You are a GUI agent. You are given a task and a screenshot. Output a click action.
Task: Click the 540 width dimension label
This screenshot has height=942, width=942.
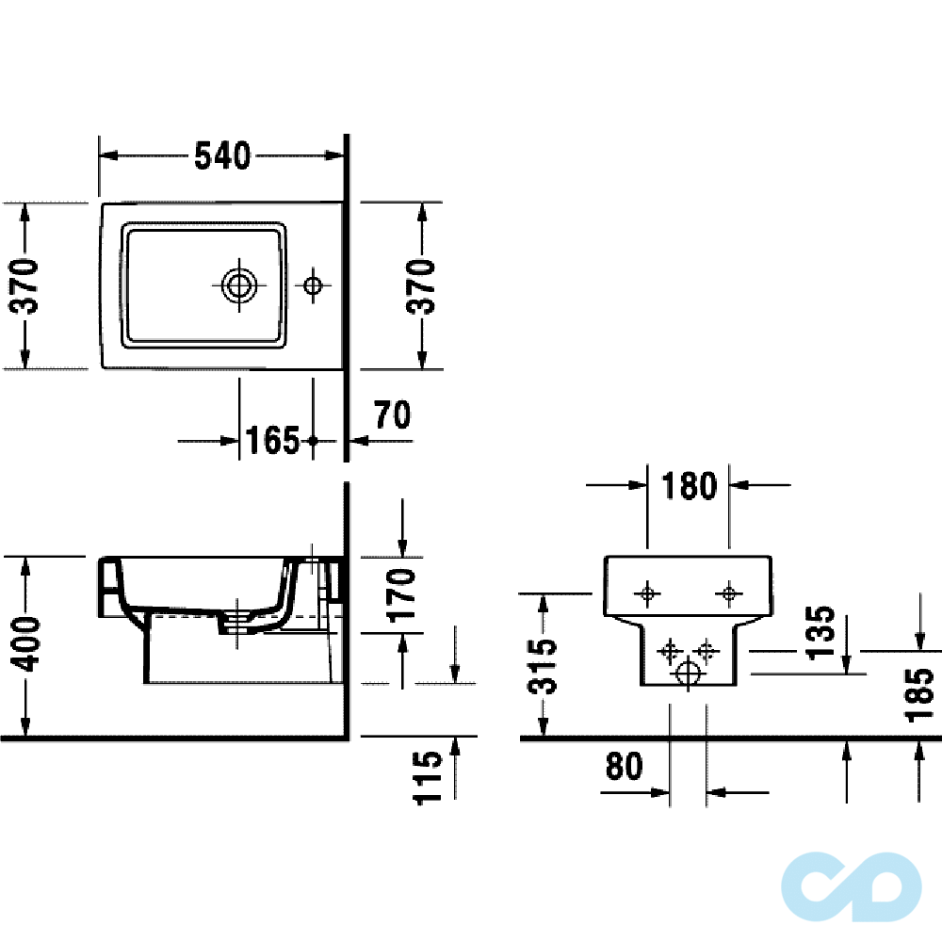[222, 155]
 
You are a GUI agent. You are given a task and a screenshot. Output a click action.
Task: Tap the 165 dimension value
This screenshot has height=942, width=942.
[272, 440]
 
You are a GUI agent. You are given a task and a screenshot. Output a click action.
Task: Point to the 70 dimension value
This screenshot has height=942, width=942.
[392, 414]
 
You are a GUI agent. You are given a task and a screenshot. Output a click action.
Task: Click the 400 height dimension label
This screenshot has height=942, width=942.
[27, 645]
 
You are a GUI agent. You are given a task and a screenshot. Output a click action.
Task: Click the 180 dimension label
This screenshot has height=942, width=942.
[689, 486]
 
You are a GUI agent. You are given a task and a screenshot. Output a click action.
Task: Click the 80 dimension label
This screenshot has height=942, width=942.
[624, 767]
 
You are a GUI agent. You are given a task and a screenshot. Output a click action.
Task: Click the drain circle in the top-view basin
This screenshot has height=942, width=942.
[239, 284]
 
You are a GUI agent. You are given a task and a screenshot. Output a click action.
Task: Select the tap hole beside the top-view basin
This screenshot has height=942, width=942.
[313, 284]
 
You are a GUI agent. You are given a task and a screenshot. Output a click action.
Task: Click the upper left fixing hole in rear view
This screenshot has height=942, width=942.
[647, 593]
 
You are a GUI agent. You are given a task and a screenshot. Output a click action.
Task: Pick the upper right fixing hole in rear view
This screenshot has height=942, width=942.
[728, 593]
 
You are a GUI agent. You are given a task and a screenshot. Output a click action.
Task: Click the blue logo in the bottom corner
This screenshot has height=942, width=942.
[851, 885]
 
